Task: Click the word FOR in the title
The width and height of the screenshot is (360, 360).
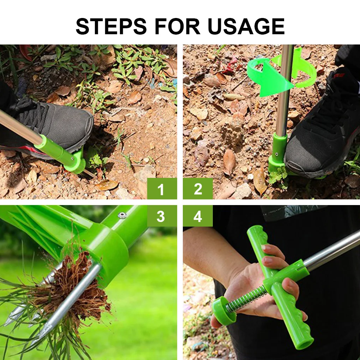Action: point(175,26)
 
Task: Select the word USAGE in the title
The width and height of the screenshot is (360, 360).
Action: point(246,26)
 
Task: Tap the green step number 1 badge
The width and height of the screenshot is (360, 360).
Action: point(161,189)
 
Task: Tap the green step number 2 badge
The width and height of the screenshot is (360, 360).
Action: point(198,189)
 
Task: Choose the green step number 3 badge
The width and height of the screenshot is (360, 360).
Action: point(161,216)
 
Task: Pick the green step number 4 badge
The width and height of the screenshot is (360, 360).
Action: point(198,216)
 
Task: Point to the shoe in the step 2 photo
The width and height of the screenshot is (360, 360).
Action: point(321,138)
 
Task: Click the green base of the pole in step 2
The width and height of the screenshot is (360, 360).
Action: point(277,155)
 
